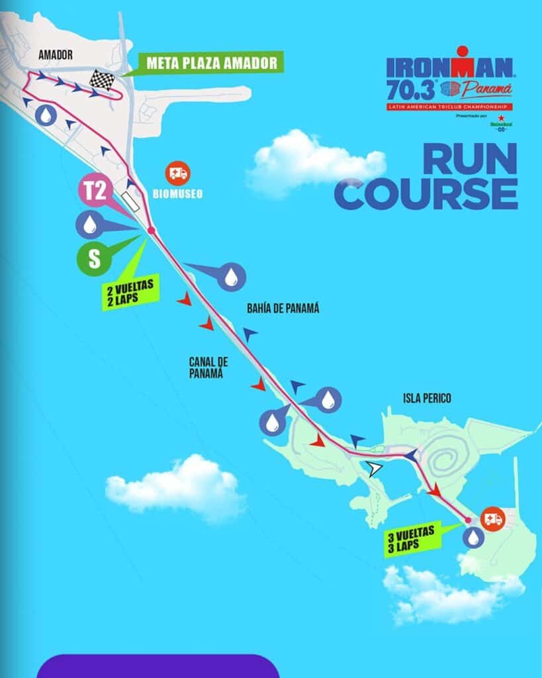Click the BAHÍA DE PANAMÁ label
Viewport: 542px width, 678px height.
[x=283, y=308]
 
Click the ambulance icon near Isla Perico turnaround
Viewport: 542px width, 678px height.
[x=493, y=518]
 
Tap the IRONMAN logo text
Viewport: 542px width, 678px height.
[x=449, y=67]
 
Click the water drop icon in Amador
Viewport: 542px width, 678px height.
[x=46, y=115]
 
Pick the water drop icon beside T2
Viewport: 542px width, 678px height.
[x=89, y=225]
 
